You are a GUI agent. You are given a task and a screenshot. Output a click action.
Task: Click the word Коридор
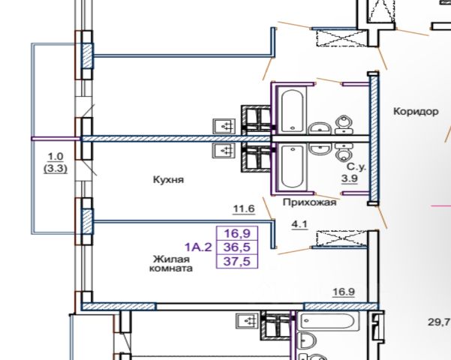point(415,111)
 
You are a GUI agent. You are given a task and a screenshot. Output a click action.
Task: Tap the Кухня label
point(168,180)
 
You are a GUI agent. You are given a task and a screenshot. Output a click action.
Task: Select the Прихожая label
point(309,202)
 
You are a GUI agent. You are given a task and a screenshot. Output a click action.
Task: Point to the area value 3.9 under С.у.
point(350,178)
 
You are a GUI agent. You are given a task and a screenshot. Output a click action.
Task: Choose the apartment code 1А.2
point(197,245)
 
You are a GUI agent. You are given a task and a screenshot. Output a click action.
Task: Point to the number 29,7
point(438,322)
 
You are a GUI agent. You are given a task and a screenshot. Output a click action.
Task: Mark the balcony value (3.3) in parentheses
point(56,169)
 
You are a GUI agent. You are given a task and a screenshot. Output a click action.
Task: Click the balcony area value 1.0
point(56,157)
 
